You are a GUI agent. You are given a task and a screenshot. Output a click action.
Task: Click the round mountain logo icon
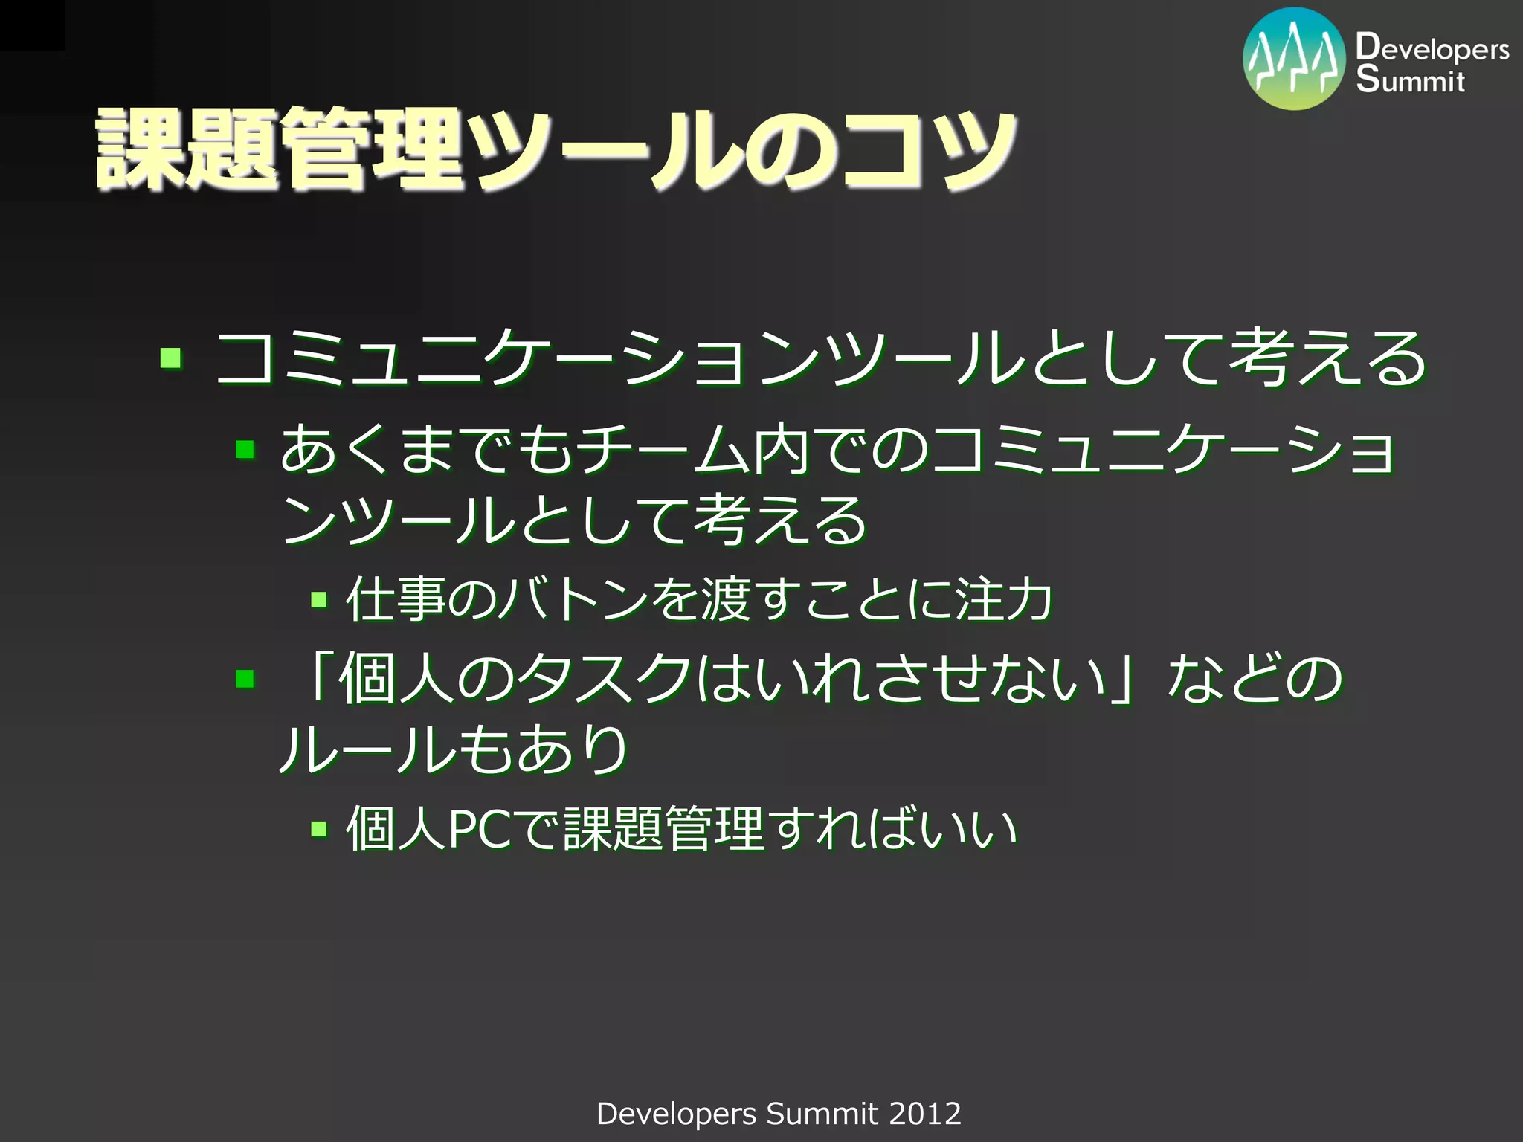(x=1294, y=59)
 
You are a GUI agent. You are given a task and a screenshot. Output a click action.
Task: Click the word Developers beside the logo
(x=1432, y=48)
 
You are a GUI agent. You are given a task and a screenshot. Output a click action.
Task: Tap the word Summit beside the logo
(x=1410, y=80)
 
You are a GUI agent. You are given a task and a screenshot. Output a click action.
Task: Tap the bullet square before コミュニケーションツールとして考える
(x=171, y=358)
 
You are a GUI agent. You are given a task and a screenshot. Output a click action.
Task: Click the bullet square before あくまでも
(x=245, y=449)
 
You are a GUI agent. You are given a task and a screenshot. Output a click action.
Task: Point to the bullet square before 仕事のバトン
(x=319, y=599)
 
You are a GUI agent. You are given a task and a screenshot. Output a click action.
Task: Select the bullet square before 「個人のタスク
(x=245, y=678)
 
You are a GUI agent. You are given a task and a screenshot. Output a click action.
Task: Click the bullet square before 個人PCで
(x=319, y=828)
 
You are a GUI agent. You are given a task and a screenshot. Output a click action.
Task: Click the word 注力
(x=1004, y=599)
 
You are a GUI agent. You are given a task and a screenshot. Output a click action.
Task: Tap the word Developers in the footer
(x=676, y=1114)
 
